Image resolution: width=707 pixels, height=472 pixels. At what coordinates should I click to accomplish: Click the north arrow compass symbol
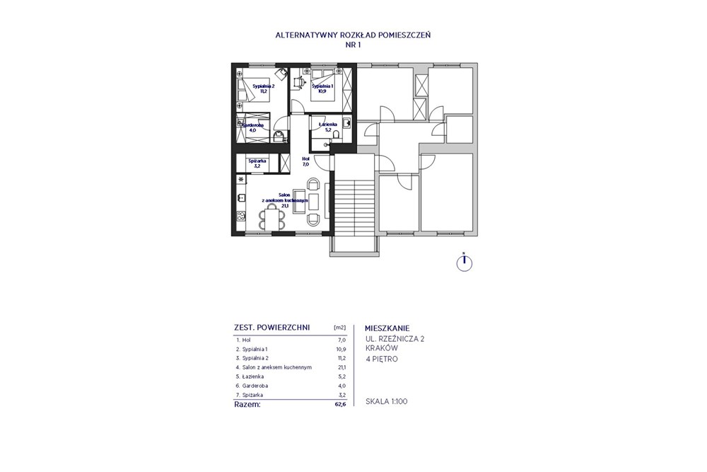tap(463, 262)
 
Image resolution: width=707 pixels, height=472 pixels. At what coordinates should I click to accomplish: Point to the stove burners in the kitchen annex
tap(241, 217)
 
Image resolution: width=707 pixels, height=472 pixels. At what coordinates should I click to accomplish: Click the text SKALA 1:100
tap(386, 402)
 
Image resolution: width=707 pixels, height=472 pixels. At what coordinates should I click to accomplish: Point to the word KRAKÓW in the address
tap(382, 349)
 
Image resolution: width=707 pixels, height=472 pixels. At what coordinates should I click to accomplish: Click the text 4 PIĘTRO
tap(382, 359)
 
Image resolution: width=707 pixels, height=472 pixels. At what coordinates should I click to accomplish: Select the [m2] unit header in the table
tap(339, 328)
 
